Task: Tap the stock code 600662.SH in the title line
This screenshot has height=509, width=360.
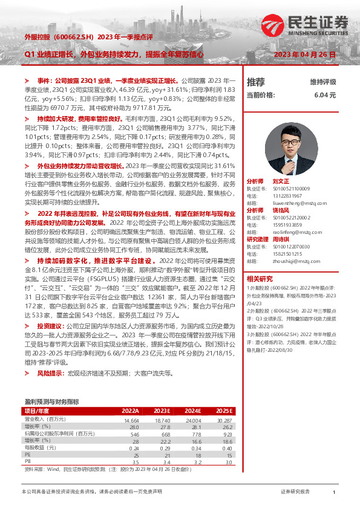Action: click(71, 37)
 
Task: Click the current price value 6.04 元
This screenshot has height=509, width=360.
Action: click(324, 95)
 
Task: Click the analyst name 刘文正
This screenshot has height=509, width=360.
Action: click(282, 181)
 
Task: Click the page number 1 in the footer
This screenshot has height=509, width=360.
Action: click(334, 493)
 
